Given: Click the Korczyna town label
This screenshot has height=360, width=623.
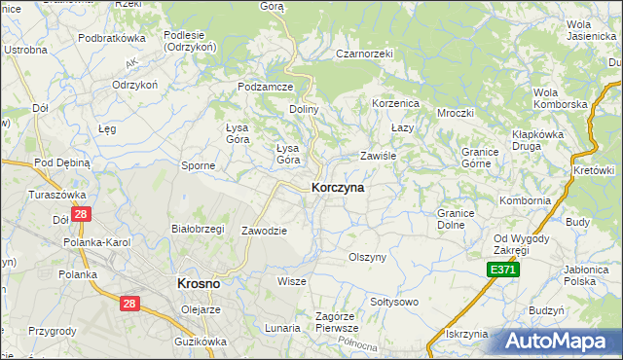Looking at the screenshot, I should (x=338, y=188).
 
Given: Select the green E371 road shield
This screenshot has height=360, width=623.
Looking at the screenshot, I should (x=503, y=270).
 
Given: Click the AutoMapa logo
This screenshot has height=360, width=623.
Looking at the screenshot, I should (x=556, y=342).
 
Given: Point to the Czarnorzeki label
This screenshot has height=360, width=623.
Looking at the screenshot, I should (x=363, y=54).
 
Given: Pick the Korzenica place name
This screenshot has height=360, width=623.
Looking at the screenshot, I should (x=395, y=102).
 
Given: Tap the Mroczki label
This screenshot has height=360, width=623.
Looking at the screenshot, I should (x=455, y=112).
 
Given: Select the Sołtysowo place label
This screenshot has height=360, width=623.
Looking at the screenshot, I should (x=392, y=302).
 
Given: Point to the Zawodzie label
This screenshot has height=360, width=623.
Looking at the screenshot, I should (x=264, y=231).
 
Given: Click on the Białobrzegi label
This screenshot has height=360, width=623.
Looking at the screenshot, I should (x=198, y=229).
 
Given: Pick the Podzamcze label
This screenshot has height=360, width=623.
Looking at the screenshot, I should (x=266, y=87).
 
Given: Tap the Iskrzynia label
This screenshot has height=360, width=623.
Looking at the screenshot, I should (x=465, y=334).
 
